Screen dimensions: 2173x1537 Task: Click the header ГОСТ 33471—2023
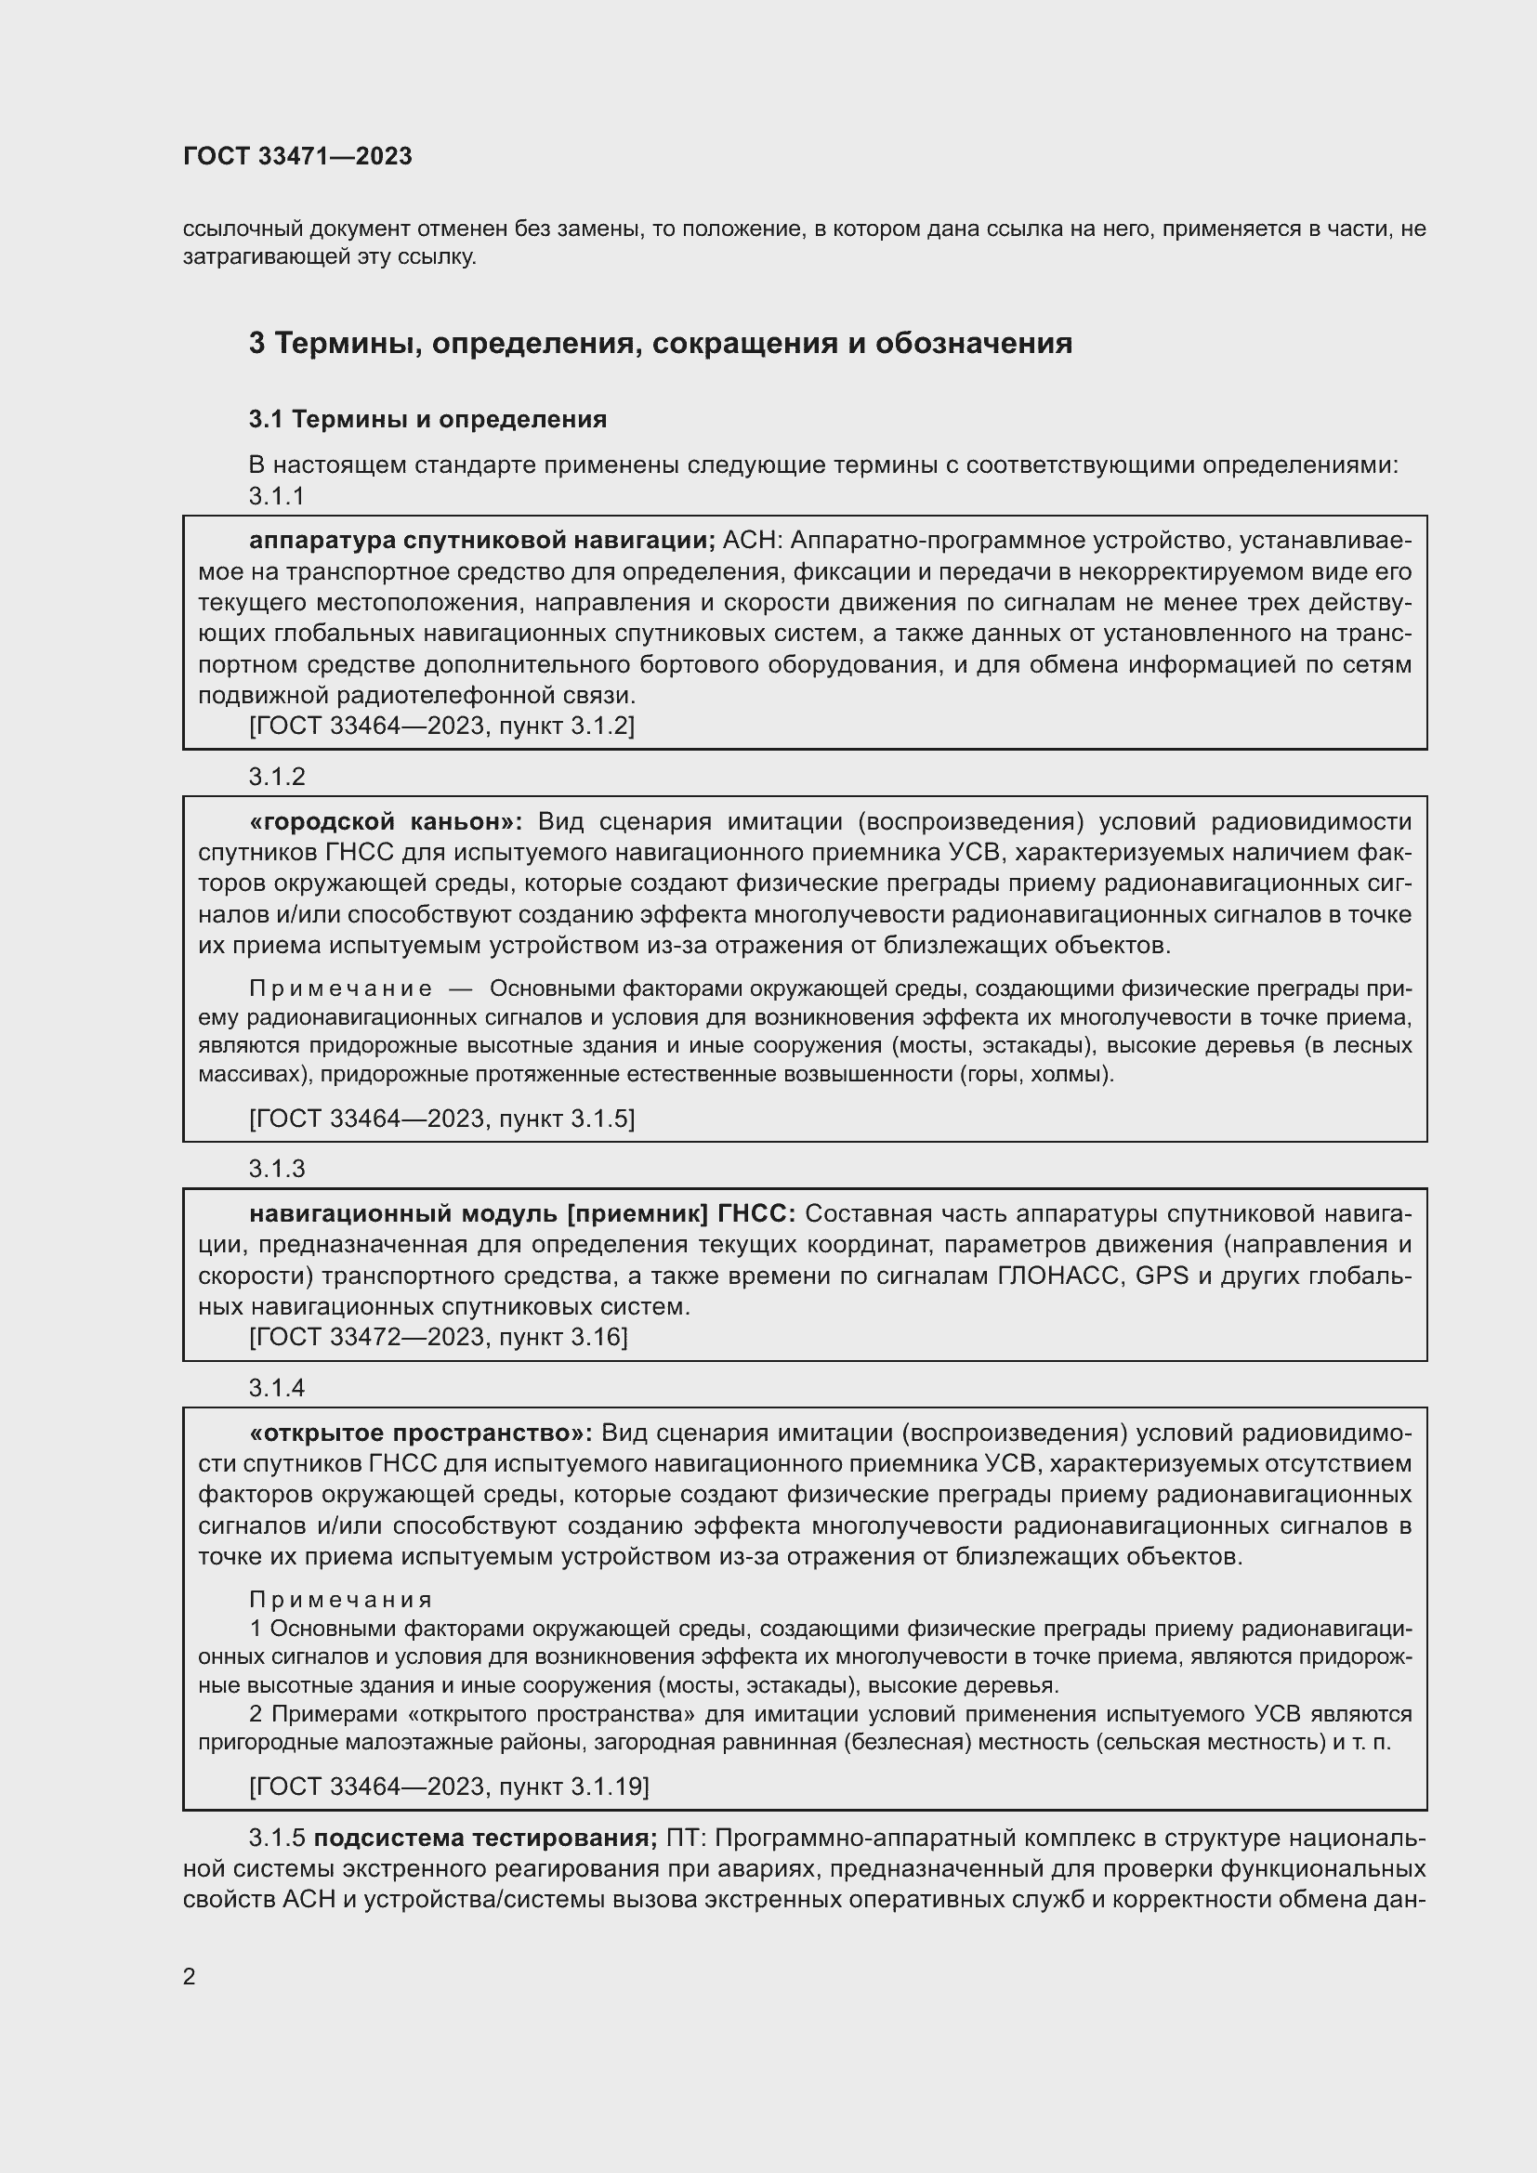pyautogui.click(x=297, y=157)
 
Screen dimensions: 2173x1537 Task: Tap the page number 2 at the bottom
pyautogui.click(x=190, y=1976)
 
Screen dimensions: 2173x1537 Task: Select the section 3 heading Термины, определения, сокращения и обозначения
pyautogui.click(x=660, y=343)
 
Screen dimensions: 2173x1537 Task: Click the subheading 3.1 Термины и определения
pyautogui.click(x=427, y=419)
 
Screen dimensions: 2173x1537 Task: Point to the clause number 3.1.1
pyautogui.click(x=276, y=496)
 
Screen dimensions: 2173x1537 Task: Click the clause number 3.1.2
pyautogui.click(x=276, y=777)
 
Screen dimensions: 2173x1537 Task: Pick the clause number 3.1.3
pyautogui.click(x=276, y=1169)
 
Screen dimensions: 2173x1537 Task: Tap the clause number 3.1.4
pyautogui.click(x=276, y=1387)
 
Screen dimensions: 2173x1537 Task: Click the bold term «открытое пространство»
pyautogui.click(x=420, y=1433)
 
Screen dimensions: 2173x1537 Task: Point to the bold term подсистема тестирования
pyautogui.click(x=484, y=1838)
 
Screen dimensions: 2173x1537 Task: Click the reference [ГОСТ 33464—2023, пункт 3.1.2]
pyautogui.click(x=441, y=726)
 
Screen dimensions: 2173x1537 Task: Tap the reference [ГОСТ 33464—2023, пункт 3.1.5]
pyautogui.click(x=441, y=1119)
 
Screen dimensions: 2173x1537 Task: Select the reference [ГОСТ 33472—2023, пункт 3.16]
pyautogui.click(x=438, y=1337)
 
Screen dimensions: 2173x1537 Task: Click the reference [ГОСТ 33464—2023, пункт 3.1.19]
pyautogui.click(x=449, y=1787)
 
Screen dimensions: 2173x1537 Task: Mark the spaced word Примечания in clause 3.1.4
pyautogui.click(x=341, y=1601)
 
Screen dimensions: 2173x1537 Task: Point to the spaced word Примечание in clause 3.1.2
pyautogui.click(x=341, y=989)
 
